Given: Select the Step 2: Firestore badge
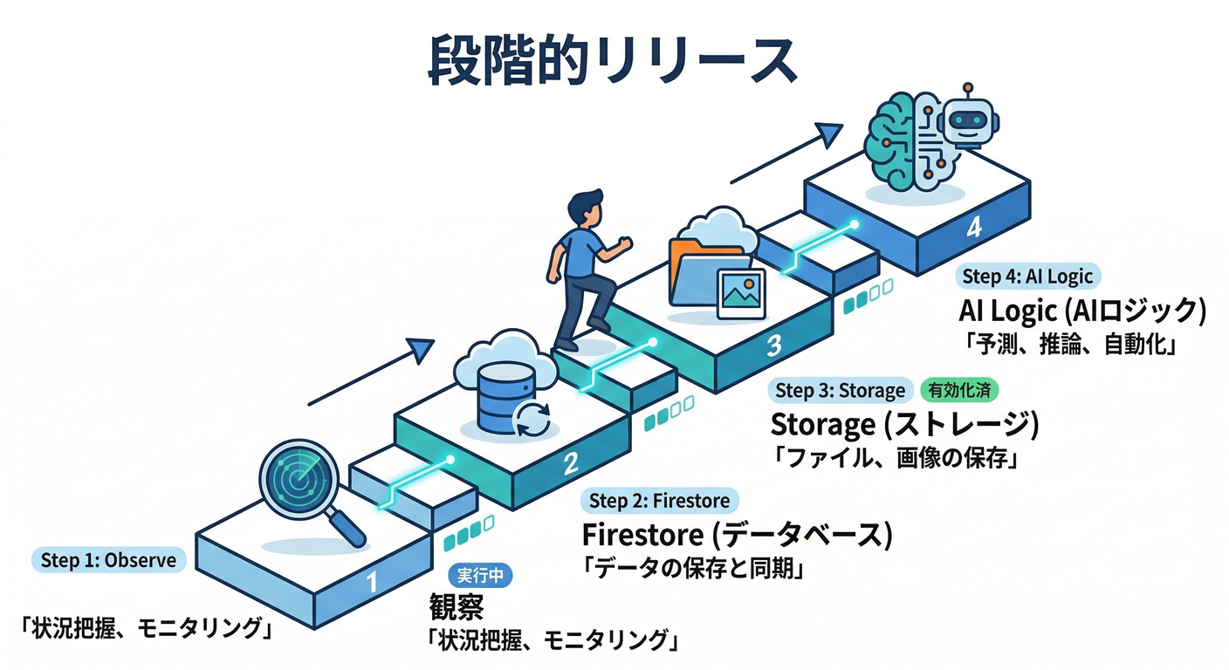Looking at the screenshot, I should pyautogui.click(x=660, y=501).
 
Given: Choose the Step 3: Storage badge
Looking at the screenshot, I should pyautogui.click(x=840, y=390).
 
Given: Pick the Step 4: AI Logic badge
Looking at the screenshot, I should pyautogui.click(x=1026, y=277).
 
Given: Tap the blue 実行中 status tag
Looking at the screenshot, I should pyautogui.click(x=480, y=575).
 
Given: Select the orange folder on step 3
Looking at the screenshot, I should pyautogui.click(x=703, y=276).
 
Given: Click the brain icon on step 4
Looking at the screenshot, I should pyautogui.click(x=899, y=140).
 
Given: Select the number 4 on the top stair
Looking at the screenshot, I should pyautogui.click(x=974, y=228).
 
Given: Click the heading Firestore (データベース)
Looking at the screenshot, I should pyautogui.click(x=737, y=535).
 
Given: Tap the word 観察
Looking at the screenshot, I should pyautogui.click(x=456, y=605).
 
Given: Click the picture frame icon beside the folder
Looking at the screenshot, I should pyautogui.click(x=739, y=292).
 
